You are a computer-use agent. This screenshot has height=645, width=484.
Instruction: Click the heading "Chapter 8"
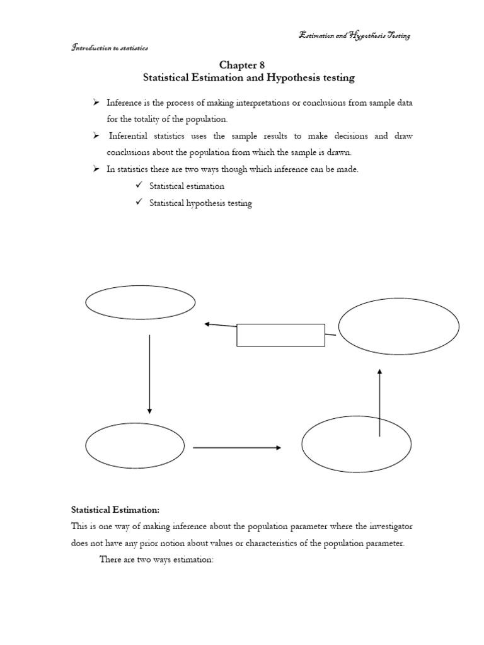pos(242,65)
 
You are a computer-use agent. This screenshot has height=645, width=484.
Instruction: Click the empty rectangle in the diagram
pos(280,335)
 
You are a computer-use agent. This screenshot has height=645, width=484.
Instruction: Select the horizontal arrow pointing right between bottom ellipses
pos(236,448)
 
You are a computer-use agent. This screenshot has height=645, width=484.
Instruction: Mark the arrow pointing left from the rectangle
pos(220,326)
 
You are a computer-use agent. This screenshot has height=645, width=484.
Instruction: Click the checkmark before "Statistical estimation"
pos(139,186)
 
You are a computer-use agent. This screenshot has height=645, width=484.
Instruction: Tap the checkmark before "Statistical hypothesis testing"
pos(139,203)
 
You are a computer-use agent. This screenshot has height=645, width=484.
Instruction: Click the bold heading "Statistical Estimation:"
pos(110,509)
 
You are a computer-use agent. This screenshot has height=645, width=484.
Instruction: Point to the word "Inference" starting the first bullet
pos(124,103)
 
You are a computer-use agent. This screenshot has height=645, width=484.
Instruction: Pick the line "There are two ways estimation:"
pos(157,559)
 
